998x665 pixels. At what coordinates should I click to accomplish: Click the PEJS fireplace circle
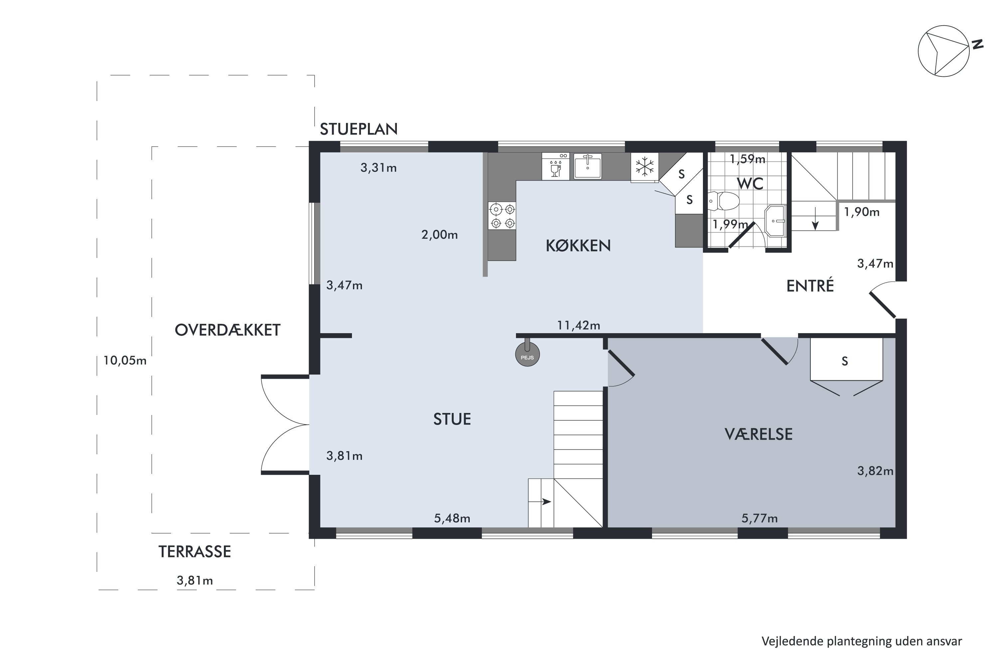pos(527,354)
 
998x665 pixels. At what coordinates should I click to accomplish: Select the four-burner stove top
pos(502,216)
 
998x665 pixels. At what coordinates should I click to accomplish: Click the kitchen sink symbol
pos(588,167)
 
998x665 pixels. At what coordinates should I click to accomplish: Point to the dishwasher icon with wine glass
pos(556,167)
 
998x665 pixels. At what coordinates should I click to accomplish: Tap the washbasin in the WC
pos(775,220)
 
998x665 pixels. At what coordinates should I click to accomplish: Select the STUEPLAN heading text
pos(359,129)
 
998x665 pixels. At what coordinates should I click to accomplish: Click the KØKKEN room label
pos(578,246)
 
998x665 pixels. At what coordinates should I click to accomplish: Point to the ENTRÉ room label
pos(810,286)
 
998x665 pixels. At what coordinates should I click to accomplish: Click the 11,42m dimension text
pos(579,325)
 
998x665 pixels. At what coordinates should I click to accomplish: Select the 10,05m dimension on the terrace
pos(125,360)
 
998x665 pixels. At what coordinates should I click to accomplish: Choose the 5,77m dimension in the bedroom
pos(759,518)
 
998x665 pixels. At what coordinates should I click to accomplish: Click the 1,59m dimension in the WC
pos(747,159)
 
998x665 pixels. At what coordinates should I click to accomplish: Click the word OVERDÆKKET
pos(228,330)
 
